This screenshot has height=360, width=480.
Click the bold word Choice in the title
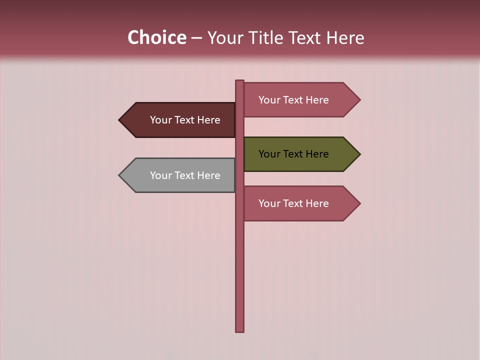156,37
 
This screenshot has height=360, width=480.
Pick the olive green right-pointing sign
295,154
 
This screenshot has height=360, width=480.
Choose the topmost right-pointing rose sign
295,100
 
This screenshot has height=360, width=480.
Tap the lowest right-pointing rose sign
295,203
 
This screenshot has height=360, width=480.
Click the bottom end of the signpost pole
240,329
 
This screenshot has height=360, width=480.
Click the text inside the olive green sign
293,154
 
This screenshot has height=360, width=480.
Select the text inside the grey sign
185,175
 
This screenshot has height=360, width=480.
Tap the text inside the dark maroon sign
185,120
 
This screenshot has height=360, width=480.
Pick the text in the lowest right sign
293,203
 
